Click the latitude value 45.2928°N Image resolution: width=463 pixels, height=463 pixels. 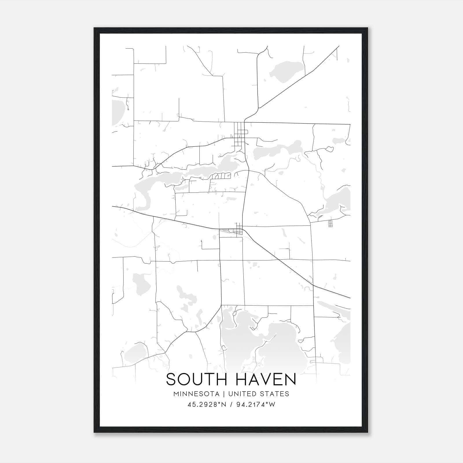coord(206,405)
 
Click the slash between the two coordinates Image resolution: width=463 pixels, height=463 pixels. coord(231,405)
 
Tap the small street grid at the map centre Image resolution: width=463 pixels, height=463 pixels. coord(238,230)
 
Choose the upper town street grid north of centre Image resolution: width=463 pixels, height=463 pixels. coord(240,135)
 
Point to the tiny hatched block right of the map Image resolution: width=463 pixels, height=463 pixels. coord(330,223)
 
